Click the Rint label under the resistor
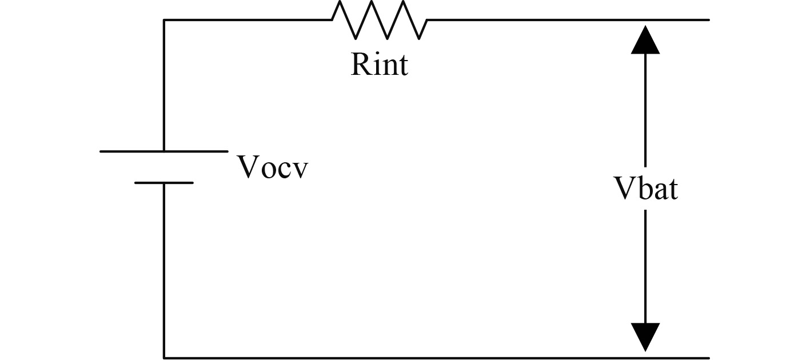380,64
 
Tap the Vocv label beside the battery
272,167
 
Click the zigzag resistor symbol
380,21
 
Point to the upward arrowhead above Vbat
645,40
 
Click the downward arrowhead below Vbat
645,337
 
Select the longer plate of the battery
164,151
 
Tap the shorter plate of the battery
164,183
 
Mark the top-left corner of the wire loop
164,20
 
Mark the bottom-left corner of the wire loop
164,358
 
